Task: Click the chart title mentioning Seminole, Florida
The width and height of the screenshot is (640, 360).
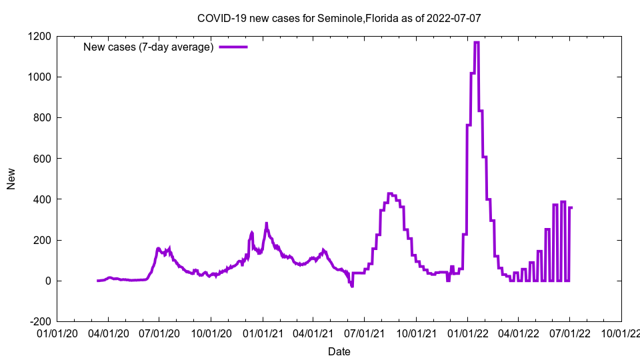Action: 339,19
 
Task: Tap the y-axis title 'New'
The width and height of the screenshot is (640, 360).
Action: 11,179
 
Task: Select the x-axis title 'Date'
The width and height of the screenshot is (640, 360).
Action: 339,351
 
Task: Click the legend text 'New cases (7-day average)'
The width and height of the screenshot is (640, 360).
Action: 148,47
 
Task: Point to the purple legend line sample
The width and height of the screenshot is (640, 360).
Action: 233,47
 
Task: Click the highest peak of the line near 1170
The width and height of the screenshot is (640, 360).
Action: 476,43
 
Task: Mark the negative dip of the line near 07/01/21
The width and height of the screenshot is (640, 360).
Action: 352,286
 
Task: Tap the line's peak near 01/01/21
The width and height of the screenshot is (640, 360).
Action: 266,224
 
